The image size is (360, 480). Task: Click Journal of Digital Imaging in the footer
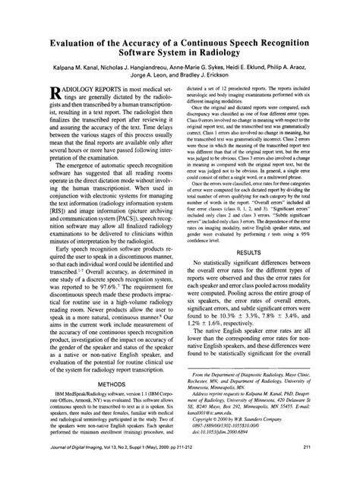66,469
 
